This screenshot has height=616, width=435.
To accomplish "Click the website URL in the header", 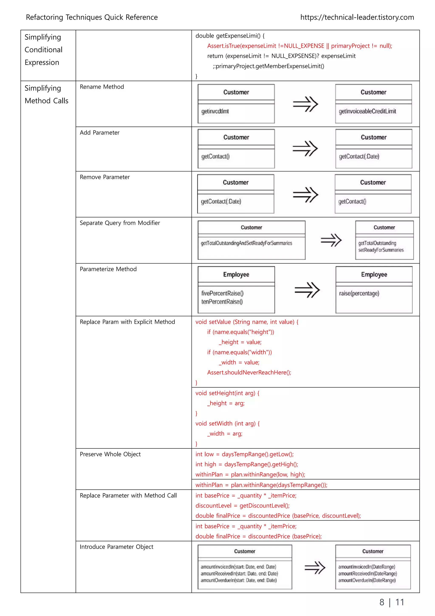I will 357,17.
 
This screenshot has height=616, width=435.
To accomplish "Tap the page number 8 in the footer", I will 382,602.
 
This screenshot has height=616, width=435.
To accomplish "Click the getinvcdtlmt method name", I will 215,111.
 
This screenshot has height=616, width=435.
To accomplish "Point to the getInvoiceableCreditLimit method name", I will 367,111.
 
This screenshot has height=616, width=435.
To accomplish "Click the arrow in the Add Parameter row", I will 305,148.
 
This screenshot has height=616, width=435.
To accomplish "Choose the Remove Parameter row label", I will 105,177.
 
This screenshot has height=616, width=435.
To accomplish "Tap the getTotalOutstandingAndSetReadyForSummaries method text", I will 246,243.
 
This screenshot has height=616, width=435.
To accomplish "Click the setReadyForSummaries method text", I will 381,250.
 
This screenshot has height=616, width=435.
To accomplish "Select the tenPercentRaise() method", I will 222,302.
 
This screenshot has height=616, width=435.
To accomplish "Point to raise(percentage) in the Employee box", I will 359,294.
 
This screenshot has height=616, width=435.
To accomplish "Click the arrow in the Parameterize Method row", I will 307,290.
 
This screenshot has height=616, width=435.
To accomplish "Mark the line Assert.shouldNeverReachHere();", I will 249,372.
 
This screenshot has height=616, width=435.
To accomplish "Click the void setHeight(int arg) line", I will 227,393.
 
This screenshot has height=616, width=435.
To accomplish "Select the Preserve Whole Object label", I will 110,454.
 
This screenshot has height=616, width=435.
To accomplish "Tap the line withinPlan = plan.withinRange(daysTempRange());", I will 261,485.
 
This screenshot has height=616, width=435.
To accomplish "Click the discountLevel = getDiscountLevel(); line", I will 242,506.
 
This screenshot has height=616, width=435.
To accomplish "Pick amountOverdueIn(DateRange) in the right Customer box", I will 367,580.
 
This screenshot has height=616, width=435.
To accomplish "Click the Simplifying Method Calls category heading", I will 46,94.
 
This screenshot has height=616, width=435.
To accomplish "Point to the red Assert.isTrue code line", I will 299,46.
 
